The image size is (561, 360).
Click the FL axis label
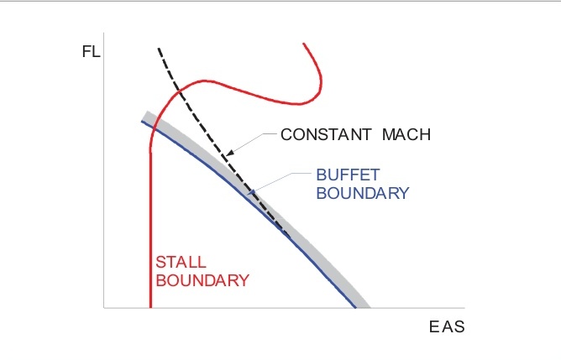click(x=90, y=52)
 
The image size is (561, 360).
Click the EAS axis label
click(x=447, y=326)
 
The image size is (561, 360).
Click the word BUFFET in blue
click(x=348, y=175)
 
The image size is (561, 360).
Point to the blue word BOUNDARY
click(x=362, y=192)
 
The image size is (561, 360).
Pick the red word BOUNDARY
click(x=201, y=279)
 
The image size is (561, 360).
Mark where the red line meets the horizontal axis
click(x=151, y=307)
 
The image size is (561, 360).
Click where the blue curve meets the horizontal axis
click(x=356, y=307)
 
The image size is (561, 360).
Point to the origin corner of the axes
click(x=103, y=307)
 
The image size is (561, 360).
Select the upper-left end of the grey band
click(x=146, y=115)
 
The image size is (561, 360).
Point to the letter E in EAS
click(x=434, y=326)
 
